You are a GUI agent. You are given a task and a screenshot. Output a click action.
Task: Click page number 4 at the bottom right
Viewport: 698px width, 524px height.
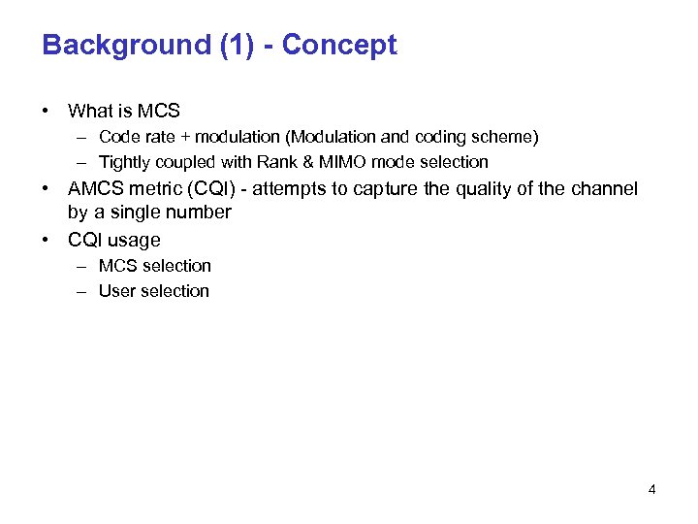[x=651, y=489]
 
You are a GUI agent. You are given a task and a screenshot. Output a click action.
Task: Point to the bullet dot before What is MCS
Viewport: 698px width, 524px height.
[x=47, y=112]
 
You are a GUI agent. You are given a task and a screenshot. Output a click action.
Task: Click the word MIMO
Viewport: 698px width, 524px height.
[x=335, y=162]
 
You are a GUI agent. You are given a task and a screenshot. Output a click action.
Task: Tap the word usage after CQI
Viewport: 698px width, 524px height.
[x=134, y=240]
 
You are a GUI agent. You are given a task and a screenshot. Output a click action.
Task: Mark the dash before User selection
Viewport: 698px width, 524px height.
[x=83, y=291]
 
